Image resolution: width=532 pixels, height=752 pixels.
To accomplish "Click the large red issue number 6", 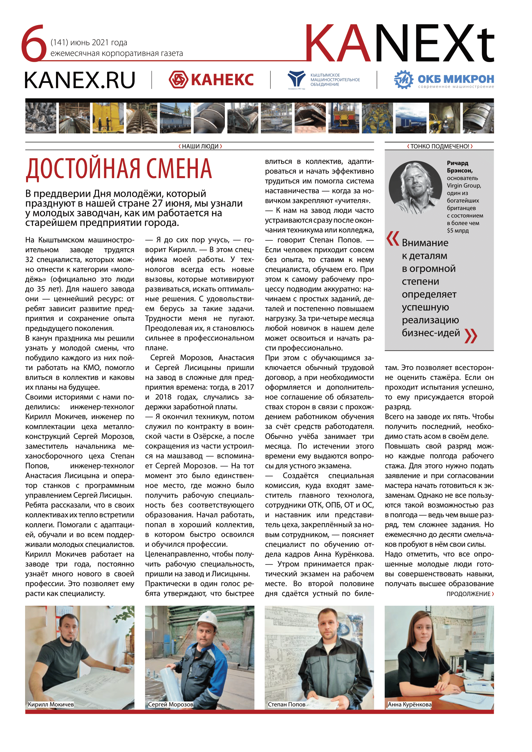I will coord(34,43).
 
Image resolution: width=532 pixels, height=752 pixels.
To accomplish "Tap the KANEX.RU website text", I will coord(79,80).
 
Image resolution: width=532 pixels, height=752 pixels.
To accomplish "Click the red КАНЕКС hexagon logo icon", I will coord(178,80).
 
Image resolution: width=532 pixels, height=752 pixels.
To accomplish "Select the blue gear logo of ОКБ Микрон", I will coord(404,80).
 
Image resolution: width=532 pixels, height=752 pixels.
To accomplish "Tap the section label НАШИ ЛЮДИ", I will coord(200,146).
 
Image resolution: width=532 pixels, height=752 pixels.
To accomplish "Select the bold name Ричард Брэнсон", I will coord(460,167).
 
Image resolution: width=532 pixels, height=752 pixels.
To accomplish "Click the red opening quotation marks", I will coord(393,239).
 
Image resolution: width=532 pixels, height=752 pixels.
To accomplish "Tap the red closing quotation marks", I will coord(471,336).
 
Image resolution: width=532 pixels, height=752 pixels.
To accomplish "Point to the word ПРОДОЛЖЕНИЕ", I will coord(468,594).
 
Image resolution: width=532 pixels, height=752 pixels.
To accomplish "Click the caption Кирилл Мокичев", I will coord(51,704).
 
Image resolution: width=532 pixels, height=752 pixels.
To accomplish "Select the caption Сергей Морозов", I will coord(171,704).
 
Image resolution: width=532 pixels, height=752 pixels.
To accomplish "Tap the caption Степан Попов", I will coord(287,704).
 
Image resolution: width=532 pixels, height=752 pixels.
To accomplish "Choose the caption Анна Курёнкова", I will coord(409,704).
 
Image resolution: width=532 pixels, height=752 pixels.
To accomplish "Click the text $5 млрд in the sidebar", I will coord(458,231).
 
